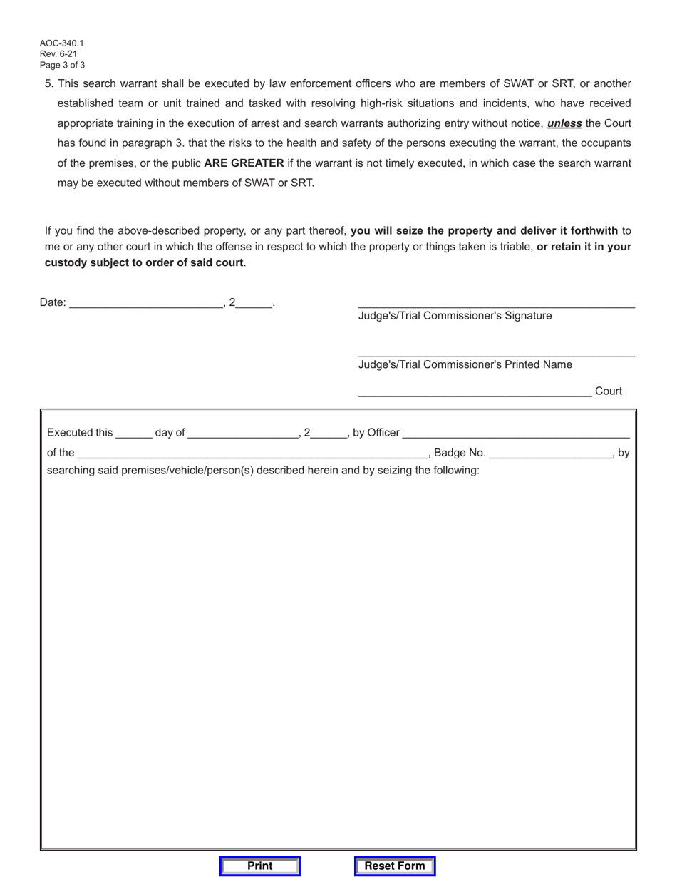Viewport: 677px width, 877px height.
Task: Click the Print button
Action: [259, 866]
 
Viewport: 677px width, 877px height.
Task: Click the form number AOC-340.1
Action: [61, 43]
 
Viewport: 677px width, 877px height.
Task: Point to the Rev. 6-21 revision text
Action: [58, 54]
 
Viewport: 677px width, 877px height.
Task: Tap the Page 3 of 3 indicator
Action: [63, 65]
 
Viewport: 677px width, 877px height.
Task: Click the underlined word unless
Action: [564, 123]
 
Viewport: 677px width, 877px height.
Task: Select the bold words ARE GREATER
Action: [244, 163]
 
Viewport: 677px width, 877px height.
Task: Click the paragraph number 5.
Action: [48, 83]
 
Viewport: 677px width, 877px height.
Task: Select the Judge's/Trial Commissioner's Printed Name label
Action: [465, 365]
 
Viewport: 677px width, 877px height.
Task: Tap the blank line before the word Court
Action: [474, 391]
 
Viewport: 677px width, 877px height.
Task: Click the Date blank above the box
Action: [147, 302]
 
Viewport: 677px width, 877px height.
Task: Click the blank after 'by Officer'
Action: [516, 433]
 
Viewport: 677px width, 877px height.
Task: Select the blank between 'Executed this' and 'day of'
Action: [133, 433]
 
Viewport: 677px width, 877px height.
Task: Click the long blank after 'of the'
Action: [252, 453]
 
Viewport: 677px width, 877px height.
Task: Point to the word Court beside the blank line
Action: [608, 391]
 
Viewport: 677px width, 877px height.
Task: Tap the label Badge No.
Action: [460, 453]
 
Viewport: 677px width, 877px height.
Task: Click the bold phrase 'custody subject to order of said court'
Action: [144, 262]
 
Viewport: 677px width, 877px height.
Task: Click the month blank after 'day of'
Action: [243, 433]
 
